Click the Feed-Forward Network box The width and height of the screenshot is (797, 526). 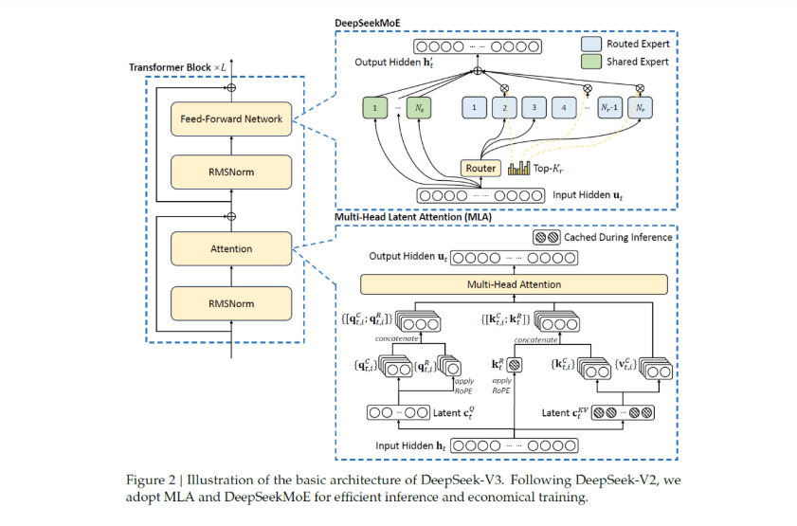[x=232, y=119]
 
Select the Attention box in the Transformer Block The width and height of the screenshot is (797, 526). [x=232, y=249]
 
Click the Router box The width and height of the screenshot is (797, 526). [x=480, y=168]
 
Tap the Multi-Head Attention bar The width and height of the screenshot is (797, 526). [x=513, y=284]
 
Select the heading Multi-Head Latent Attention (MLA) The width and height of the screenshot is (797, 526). [x=410, y=217]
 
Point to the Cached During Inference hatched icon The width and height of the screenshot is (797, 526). [x=547, y=237]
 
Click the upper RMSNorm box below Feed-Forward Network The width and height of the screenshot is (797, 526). [x=232, y=172]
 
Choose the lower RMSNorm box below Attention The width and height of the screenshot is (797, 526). [x=232, y=302]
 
